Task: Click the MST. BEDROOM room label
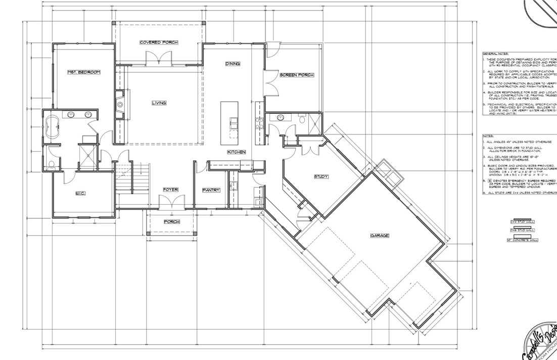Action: pyautogui.click(x=83, y=72)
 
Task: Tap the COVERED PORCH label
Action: pyautogui.click(x=159, y=42)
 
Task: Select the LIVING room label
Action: pyautogui.click(x=159, y=103)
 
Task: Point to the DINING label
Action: pyautogui.click(x=233, y=64)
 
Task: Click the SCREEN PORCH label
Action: pyautogui.click(x=297, y=75)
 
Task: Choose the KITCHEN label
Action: pyautogui.click(x=236, y=152)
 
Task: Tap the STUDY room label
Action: pyautogui.click(x=321, y=176)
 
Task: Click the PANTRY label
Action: pyautogui.click(x=211, y=190)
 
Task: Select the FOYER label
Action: pyautogui.click(x=170, y=190)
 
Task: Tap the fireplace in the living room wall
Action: pyautogui.click(x=120, y=105)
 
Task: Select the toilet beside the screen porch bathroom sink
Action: pyautogui.click(x=302, y=119)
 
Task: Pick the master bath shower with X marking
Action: pyautogui.click(x=85, y=153)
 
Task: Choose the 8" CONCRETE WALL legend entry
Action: pyautogui.click(x=522, y=240)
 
